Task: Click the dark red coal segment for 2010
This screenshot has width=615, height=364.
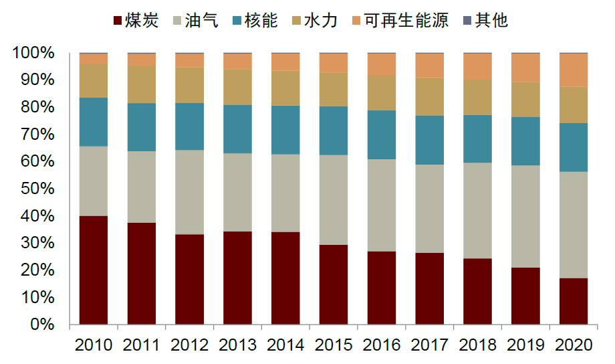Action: (94, 270)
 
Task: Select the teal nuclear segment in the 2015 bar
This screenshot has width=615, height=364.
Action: (334, 130)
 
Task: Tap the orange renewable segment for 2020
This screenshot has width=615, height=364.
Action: (573, 70)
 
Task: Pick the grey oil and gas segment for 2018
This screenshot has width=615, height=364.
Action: (477, 210)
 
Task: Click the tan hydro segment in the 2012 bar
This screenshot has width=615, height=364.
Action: (190, 85)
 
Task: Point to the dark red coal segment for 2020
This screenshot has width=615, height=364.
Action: (573, 301)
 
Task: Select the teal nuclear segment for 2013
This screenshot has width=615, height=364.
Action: (237, 129)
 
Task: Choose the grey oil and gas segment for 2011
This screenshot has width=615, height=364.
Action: (142, 187)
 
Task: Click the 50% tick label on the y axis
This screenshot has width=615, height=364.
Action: (34, 189)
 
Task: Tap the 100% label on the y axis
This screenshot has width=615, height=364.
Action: (30, 53)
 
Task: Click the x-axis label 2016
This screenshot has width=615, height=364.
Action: (382, 345)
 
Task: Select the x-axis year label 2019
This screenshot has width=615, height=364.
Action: (525, 345)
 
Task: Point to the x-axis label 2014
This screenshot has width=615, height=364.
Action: (285, 345)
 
